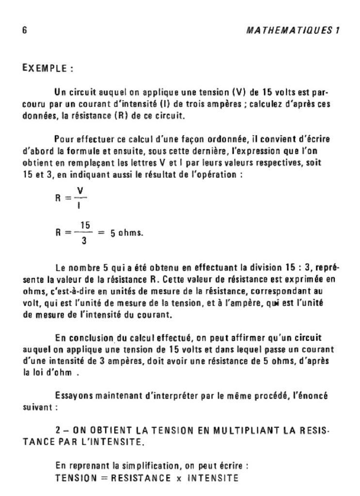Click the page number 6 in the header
click(x=25, y=30)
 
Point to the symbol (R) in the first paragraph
click(x=120, y=116)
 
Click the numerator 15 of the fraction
click(x=86, y=225)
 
